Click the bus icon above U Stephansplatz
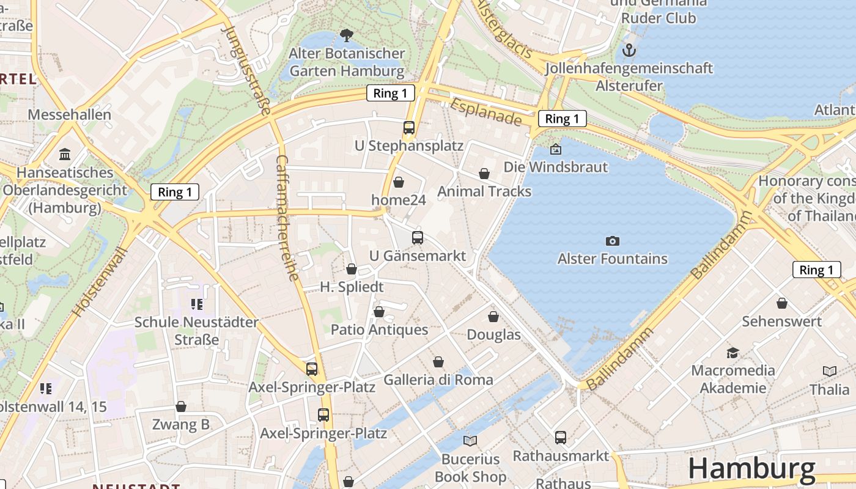(x=409, y=128)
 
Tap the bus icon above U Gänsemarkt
(x=418, y=238)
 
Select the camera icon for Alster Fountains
(x=612, y=241)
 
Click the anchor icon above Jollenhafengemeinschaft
(x=629, y=50)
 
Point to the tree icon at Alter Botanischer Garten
(x=346, y=35)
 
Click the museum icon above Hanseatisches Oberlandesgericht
(x=65, y=154)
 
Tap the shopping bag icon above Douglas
(x=493, y=317)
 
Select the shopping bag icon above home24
(x=399, y=182)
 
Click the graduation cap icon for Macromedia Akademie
(x=732, y=353)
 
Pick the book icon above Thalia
(x=829, y=371)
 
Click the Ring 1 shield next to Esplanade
(x=562, y=119)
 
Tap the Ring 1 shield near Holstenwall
(x=175, y=192)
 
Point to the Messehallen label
(x=70, y=114)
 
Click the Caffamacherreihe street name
(x=288, y=217)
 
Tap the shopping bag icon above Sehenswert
(x=781, y=303)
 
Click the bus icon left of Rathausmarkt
(x=560, y=438)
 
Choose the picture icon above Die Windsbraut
(x=555, y=149)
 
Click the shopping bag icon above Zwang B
(x=181, y=406)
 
